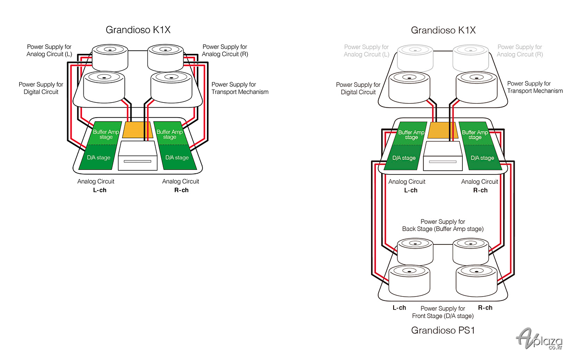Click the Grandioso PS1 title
(x=443, y=330)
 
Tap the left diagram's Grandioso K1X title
(x=138, y=30)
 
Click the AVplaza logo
(x=539, y=338)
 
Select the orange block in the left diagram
(x=138, y=130)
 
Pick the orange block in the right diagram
(x=443, y=130)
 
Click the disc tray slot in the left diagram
(x=138, y=161)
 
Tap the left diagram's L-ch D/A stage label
(x=98, y=157)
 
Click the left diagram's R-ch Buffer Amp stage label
(x=170, y=134)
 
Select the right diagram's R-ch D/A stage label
(x=482, y=158)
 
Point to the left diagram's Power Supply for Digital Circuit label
(x=41, y=88)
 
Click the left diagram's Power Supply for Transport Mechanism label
(x=240, y=88)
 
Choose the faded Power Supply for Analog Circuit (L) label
(x=366, y=51)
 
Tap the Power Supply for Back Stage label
(x=443, y=225)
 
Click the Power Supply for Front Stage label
(x=443, y=312)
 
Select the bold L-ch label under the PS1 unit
(x=399, y=308)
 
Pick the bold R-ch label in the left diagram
(x=181, y=190)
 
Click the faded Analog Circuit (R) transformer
(x=470, y=58)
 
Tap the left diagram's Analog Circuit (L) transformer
(x=110, y=58)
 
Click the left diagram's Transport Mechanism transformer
(x=171, y=87)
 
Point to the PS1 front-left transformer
(x=409, y=281)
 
